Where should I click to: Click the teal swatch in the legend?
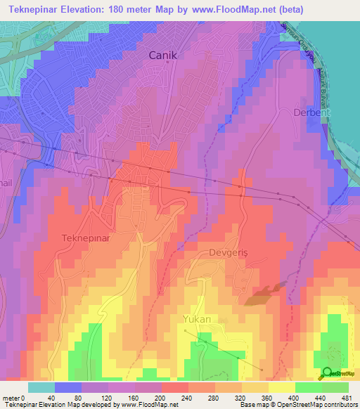point(41,387)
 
